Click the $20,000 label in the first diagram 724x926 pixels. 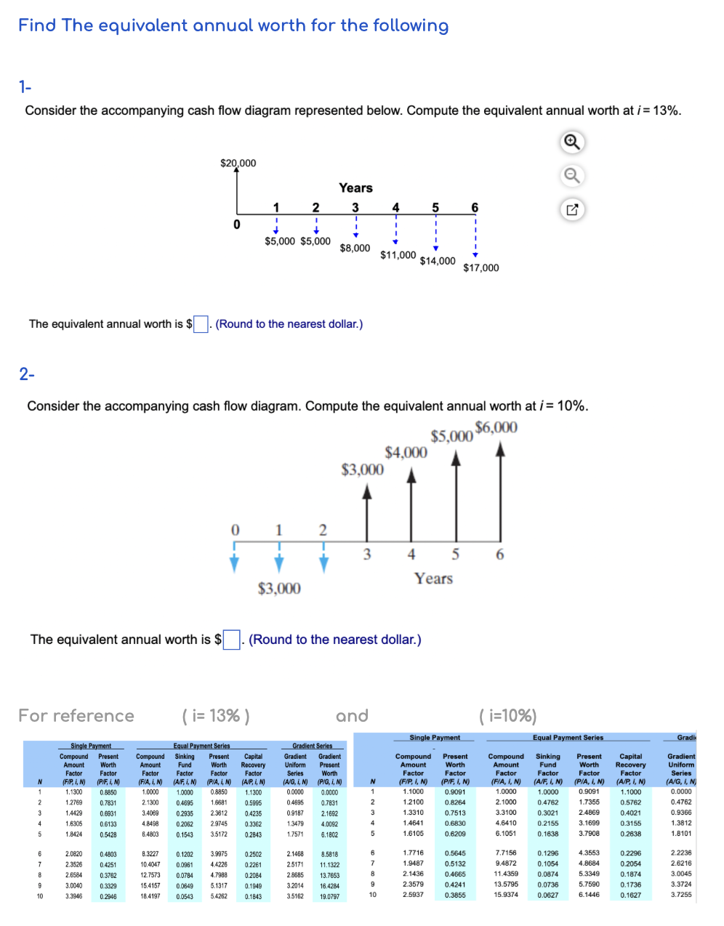pyautogui.click(x=238, y=163)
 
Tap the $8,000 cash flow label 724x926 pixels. pyautogui.click(x=355, y=248)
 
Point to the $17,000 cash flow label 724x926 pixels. pyautogui.click(x=481, y=267)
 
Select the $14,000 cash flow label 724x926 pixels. pyautogui.click(x=438, y=261)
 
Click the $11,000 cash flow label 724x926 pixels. pyautogui.click(x=398, y=255)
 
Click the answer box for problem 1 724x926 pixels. pyautogui.click(x=201, y=324)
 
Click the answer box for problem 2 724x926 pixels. pyautogui.click(x=232, y=640)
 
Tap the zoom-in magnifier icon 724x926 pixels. pyautogui.click(x=572, y=142)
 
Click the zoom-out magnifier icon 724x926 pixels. pyautogui.click(x=572, y=176)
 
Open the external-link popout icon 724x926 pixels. pyautogui.click(x=572, y=210)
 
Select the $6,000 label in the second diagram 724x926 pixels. pyautogui.click(x=496, y=427)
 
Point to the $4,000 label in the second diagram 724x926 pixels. pyautogui.click(x=406, y=453)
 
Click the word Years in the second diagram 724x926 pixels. pyautogui.click(x=433, y=579)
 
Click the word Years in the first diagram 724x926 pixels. pyautogui.click(x=355, y=188)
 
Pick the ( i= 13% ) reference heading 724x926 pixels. pyautogui.click(x=216, y=716)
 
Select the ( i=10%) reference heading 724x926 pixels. pyautogui.click(x=508, y=716)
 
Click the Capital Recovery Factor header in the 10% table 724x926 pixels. pyautogui.click(x=630, y=765)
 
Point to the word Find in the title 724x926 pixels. pyautogui.click(x=37, y=25)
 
